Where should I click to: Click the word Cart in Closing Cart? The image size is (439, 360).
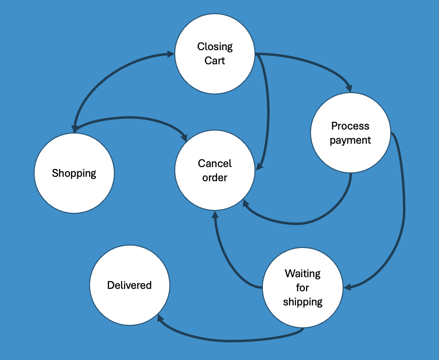[215, 61]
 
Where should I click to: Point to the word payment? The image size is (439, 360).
[350, 140]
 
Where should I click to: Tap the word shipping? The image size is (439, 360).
[303, 302]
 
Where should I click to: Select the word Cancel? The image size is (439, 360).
[215, 163]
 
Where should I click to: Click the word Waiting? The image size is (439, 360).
[303, 273]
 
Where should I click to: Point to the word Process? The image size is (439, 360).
[350, 126]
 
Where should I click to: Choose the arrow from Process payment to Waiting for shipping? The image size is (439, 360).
[403, 209]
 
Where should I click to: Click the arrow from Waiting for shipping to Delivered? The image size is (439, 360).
[229, 340]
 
